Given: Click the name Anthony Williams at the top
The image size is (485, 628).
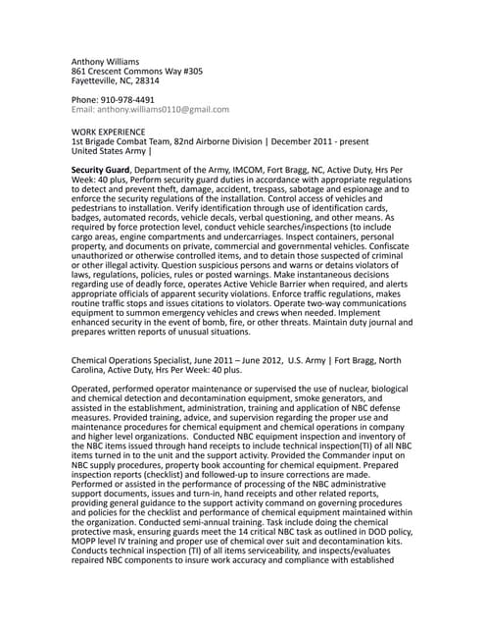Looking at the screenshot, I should pos(110,61).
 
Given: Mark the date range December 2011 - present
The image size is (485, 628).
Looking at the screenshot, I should pos(331,141).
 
